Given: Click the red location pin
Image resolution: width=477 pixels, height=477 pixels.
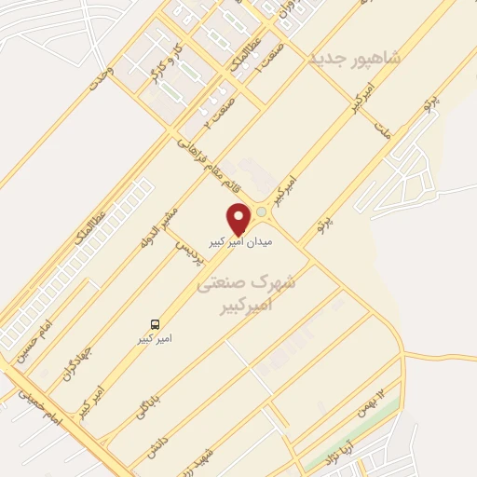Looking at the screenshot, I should coord(239,218).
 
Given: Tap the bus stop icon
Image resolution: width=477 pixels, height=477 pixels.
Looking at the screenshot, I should coord(164,325).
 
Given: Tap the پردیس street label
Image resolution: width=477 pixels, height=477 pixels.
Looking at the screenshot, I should coord(189,244).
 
